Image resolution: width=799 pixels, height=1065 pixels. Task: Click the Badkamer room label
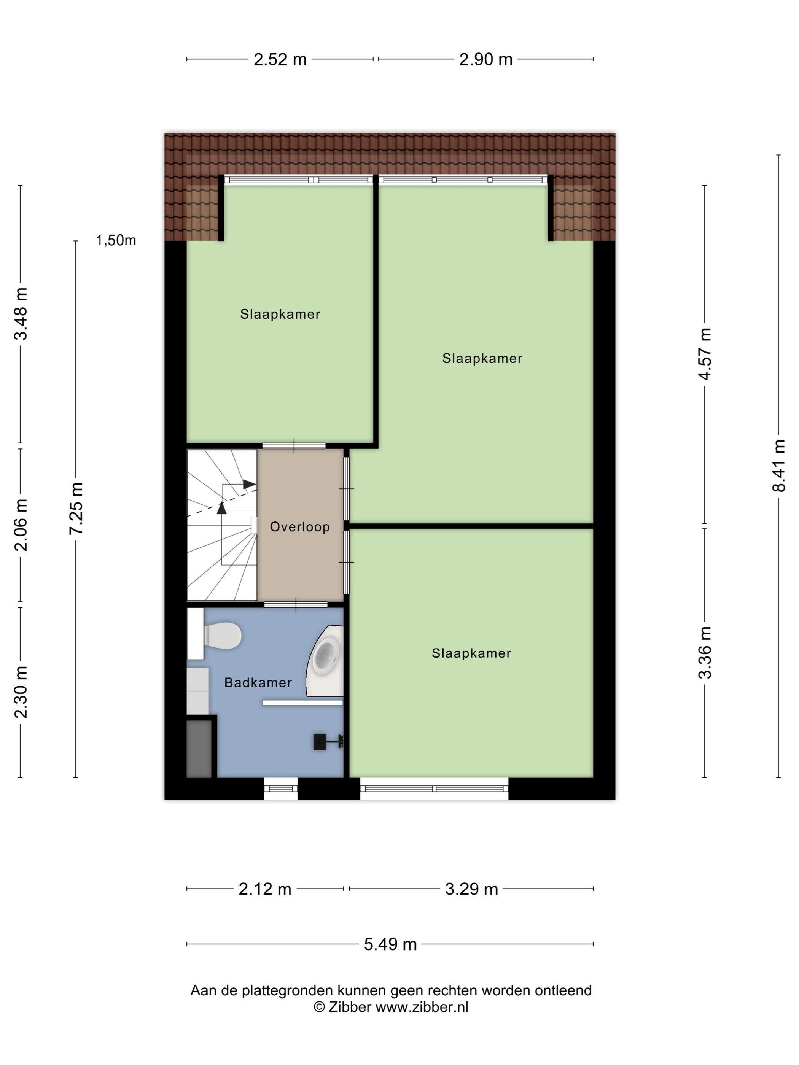pos(258,683)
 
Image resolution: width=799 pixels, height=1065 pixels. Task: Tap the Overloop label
pos(299,527)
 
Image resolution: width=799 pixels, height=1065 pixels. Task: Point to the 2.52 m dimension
pos(280,59)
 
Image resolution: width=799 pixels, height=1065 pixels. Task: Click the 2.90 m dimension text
pos(485,59)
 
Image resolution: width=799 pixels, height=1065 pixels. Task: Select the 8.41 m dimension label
pos(779,466)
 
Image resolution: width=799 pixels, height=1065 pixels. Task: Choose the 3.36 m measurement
pos(705,652)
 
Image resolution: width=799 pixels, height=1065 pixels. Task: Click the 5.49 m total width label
pos(390,945)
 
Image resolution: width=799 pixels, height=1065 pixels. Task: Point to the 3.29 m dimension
pos(471,889)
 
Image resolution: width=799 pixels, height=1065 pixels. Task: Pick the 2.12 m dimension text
pos(265,889)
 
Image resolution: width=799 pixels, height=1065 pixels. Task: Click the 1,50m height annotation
pos(116,240)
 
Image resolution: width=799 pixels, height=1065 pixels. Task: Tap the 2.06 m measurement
pos(20,525)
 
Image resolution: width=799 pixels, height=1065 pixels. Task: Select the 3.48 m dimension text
pos(20,314)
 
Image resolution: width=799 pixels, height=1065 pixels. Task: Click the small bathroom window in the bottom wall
pos(281,788)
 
